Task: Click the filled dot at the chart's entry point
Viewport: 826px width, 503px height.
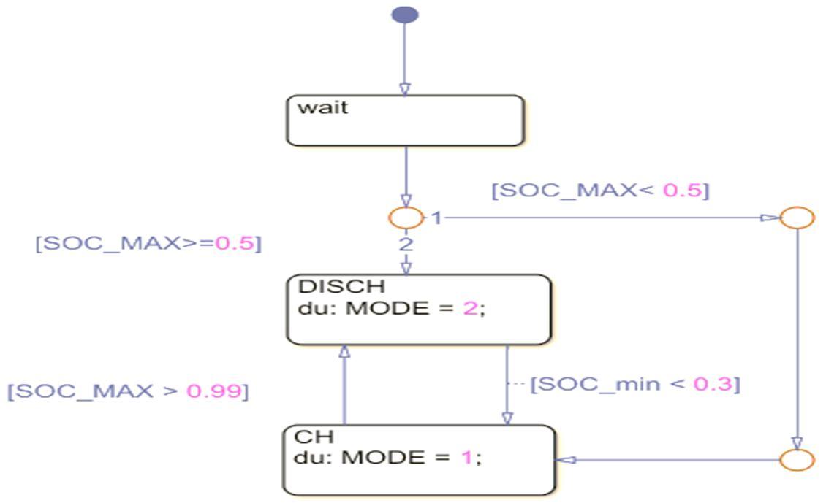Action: (405, 15)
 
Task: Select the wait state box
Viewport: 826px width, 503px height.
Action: (405, 120)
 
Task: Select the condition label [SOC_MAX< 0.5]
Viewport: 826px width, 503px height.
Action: (600, 191)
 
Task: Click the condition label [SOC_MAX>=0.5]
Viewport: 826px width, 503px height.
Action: (148, 243)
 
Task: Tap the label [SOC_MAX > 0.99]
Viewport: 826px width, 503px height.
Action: (128, 391)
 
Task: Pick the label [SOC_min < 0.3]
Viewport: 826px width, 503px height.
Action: (634, 383)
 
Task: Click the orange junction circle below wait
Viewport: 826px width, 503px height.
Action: (406, 218)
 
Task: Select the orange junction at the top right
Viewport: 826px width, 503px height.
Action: (797, 218)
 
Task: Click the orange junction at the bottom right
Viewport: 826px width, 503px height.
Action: (797, 461)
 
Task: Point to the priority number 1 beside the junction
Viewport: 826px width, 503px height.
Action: (436, 218)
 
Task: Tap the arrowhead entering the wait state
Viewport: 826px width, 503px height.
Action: (405, 88)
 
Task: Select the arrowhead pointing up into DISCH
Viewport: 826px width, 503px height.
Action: (344, 352)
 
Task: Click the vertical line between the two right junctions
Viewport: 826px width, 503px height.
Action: (797, 336)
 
